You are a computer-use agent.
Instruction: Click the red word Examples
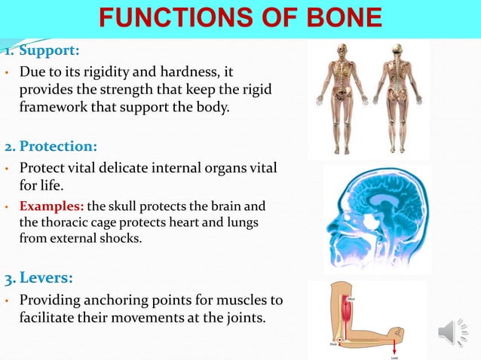pos(52,206)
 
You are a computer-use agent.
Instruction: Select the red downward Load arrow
pos(394,344)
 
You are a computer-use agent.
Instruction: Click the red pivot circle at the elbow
pos(339,341)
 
